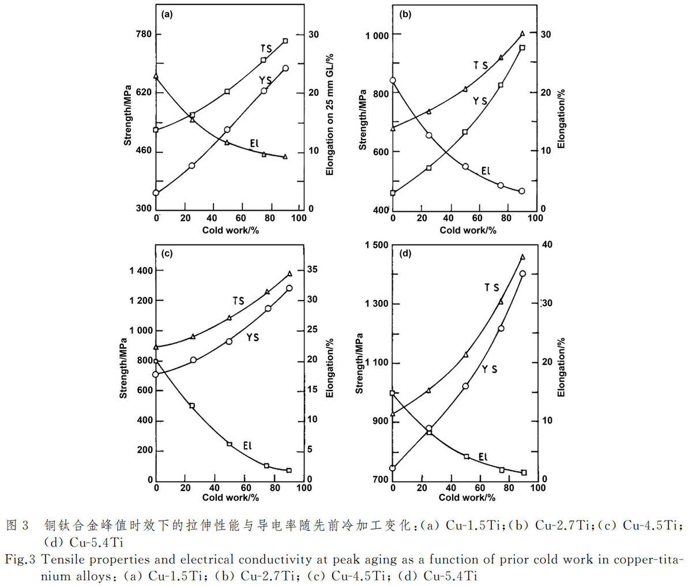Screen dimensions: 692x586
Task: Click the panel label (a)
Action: [x=167, y=15]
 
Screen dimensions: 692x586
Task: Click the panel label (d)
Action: [x=405, y=253]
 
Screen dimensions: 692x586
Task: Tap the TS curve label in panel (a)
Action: [x=266, y=49]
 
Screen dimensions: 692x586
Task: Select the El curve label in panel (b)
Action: [x=486, y=171]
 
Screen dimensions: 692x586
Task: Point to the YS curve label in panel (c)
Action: [x=253, y=337]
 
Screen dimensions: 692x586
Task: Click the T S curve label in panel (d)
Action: [x=492, y=287]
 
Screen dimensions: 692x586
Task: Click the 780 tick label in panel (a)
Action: [x=144, y=34]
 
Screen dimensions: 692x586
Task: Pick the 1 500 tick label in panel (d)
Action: [x=377, y=245]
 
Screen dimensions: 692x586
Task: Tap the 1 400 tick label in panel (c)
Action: [x=141, y=271]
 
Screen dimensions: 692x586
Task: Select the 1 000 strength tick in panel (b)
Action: [x=377, y=36]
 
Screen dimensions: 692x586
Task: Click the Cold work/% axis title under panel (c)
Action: [x=230, y=498]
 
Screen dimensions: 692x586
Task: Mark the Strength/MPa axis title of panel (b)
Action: [x=362, y=119]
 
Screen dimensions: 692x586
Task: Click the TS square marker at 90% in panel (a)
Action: [x=285, y=41]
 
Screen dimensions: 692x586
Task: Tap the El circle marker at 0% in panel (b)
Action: [x=393, y=80]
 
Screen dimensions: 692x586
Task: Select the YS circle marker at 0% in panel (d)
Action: [x=393, y=468]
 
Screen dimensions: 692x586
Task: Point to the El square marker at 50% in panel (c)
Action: [x=230, y=444]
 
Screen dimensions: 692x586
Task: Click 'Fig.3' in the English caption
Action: [x=20, y=559]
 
